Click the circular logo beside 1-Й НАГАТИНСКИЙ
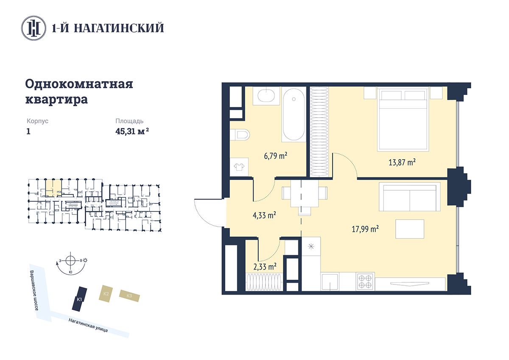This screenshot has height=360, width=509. [34, 28]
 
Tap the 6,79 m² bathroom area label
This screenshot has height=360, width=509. [275, 156]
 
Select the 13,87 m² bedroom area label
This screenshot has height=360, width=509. [402, 162]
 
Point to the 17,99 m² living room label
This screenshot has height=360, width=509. [365, 229]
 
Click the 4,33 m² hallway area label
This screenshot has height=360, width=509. [264, 215]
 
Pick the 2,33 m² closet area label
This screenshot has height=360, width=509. [265, 267]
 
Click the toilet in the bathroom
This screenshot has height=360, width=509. [240, 135]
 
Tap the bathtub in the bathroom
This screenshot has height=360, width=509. [294, 115]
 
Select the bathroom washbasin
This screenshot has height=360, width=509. [266, 96]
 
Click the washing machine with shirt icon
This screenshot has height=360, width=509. [239, 167]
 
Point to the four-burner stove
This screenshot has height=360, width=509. [365, 281]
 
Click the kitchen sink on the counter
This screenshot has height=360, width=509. [330, 282]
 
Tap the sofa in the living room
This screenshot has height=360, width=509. [410, 197]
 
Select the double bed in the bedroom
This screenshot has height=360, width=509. [403, 119]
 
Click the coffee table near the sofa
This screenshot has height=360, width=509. [410, 229]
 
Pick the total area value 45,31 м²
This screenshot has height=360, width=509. [132, 131]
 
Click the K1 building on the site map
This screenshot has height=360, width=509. [79, 299]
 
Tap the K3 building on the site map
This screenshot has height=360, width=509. [129, 295]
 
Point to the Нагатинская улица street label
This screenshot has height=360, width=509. [88, 325]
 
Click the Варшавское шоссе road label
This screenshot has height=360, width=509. [34, 290]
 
